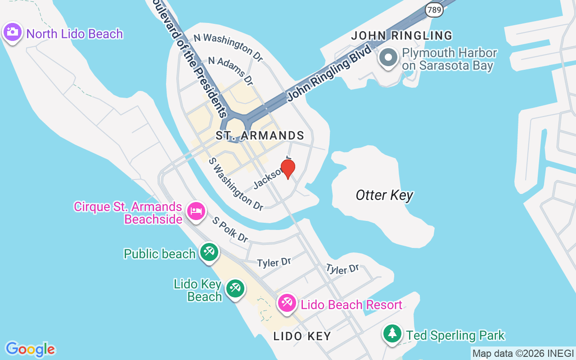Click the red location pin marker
coord(288,168)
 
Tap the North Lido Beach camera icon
coord(13,32)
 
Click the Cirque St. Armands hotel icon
coord(196,211)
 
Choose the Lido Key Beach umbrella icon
coord(235,288)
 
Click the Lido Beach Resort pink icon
coord(287,303)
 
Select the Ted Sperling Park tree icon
coord(392,333)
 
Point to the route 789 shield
coord(434,9)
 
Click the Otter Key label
coord(384,195)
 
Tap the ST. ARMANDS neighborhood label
coord(260,135)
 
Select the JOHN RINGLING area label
coord(401,36)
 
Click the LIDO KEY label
coord(302,336)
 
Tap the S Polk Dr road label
coord(230,229)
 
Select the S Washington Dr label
coord(236,184)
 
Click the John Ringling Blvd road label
coord(330,74)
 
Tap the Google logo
coord(30,349)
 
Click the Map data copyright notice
coord(523,353)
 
